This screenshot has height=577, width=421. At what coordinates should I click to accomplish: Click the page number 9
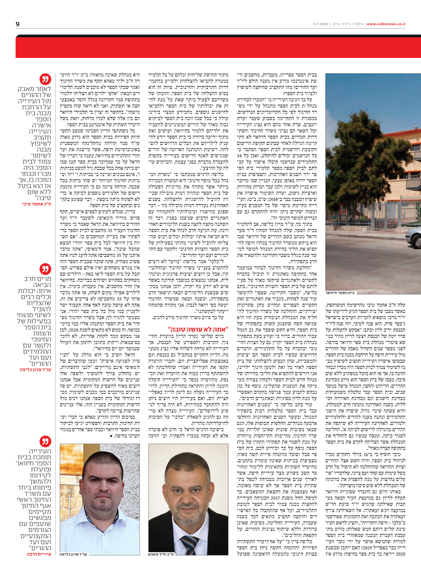tap(18, 24)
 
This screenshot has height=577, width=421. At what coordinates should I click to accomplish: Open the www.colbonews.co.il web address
tap(386, 24)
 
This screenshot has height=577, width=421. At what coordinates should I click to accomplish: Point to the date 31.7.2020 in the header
tap(321, 24)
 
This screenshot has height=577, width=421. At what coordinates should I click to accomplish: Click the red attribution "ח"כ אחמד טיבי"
tap(36, 204)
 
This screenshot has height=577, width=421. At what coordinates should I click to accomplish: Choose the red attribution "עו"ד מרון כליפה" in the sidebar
tap(35, 369)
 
